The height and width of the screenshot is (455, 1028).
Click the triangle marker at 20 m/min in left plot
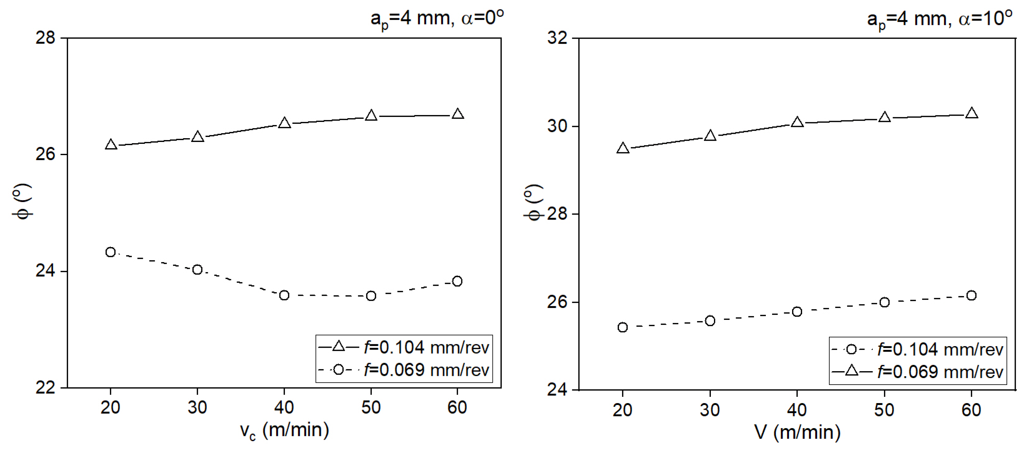click(x=111, y=144)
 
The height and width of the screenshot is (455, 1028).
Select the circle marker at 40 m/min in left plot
click(x=284, y=296)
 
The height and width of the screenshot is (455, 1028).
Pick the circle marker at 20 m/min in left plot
click(x=111, y=252)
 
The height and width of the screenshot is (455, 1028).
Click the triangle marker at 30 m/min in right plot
click(x=710, y=136)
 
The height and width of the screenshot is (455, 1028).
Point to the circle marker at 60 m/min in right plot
click(x=972, y=296)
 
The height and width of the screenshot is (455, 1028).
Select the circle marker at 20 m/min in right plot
click(x=622, y=327)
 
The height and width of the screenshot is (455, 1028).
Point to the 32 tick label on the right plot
click(x=557, y=38)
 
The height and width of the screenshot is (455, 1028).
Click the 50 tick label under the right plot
click(x=884, y=410)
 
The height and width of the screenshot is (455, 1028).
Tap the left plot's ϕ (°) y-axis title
click(x=22, y=201)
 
